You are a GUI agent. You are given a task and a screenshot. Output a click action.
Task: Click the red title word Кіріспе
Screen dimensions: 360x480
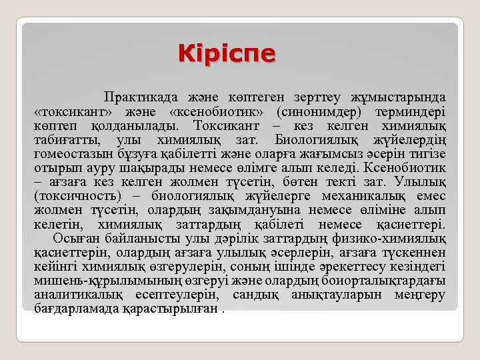click(x=226, y=54)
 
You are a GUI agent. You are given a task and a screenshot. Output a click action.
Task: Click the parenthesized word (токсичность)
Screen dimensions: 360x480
click(x=77, y=195)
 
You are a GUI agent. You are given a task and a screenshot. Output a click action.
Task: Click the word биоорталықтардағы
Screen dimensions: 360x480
click(x=388, y=279)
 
